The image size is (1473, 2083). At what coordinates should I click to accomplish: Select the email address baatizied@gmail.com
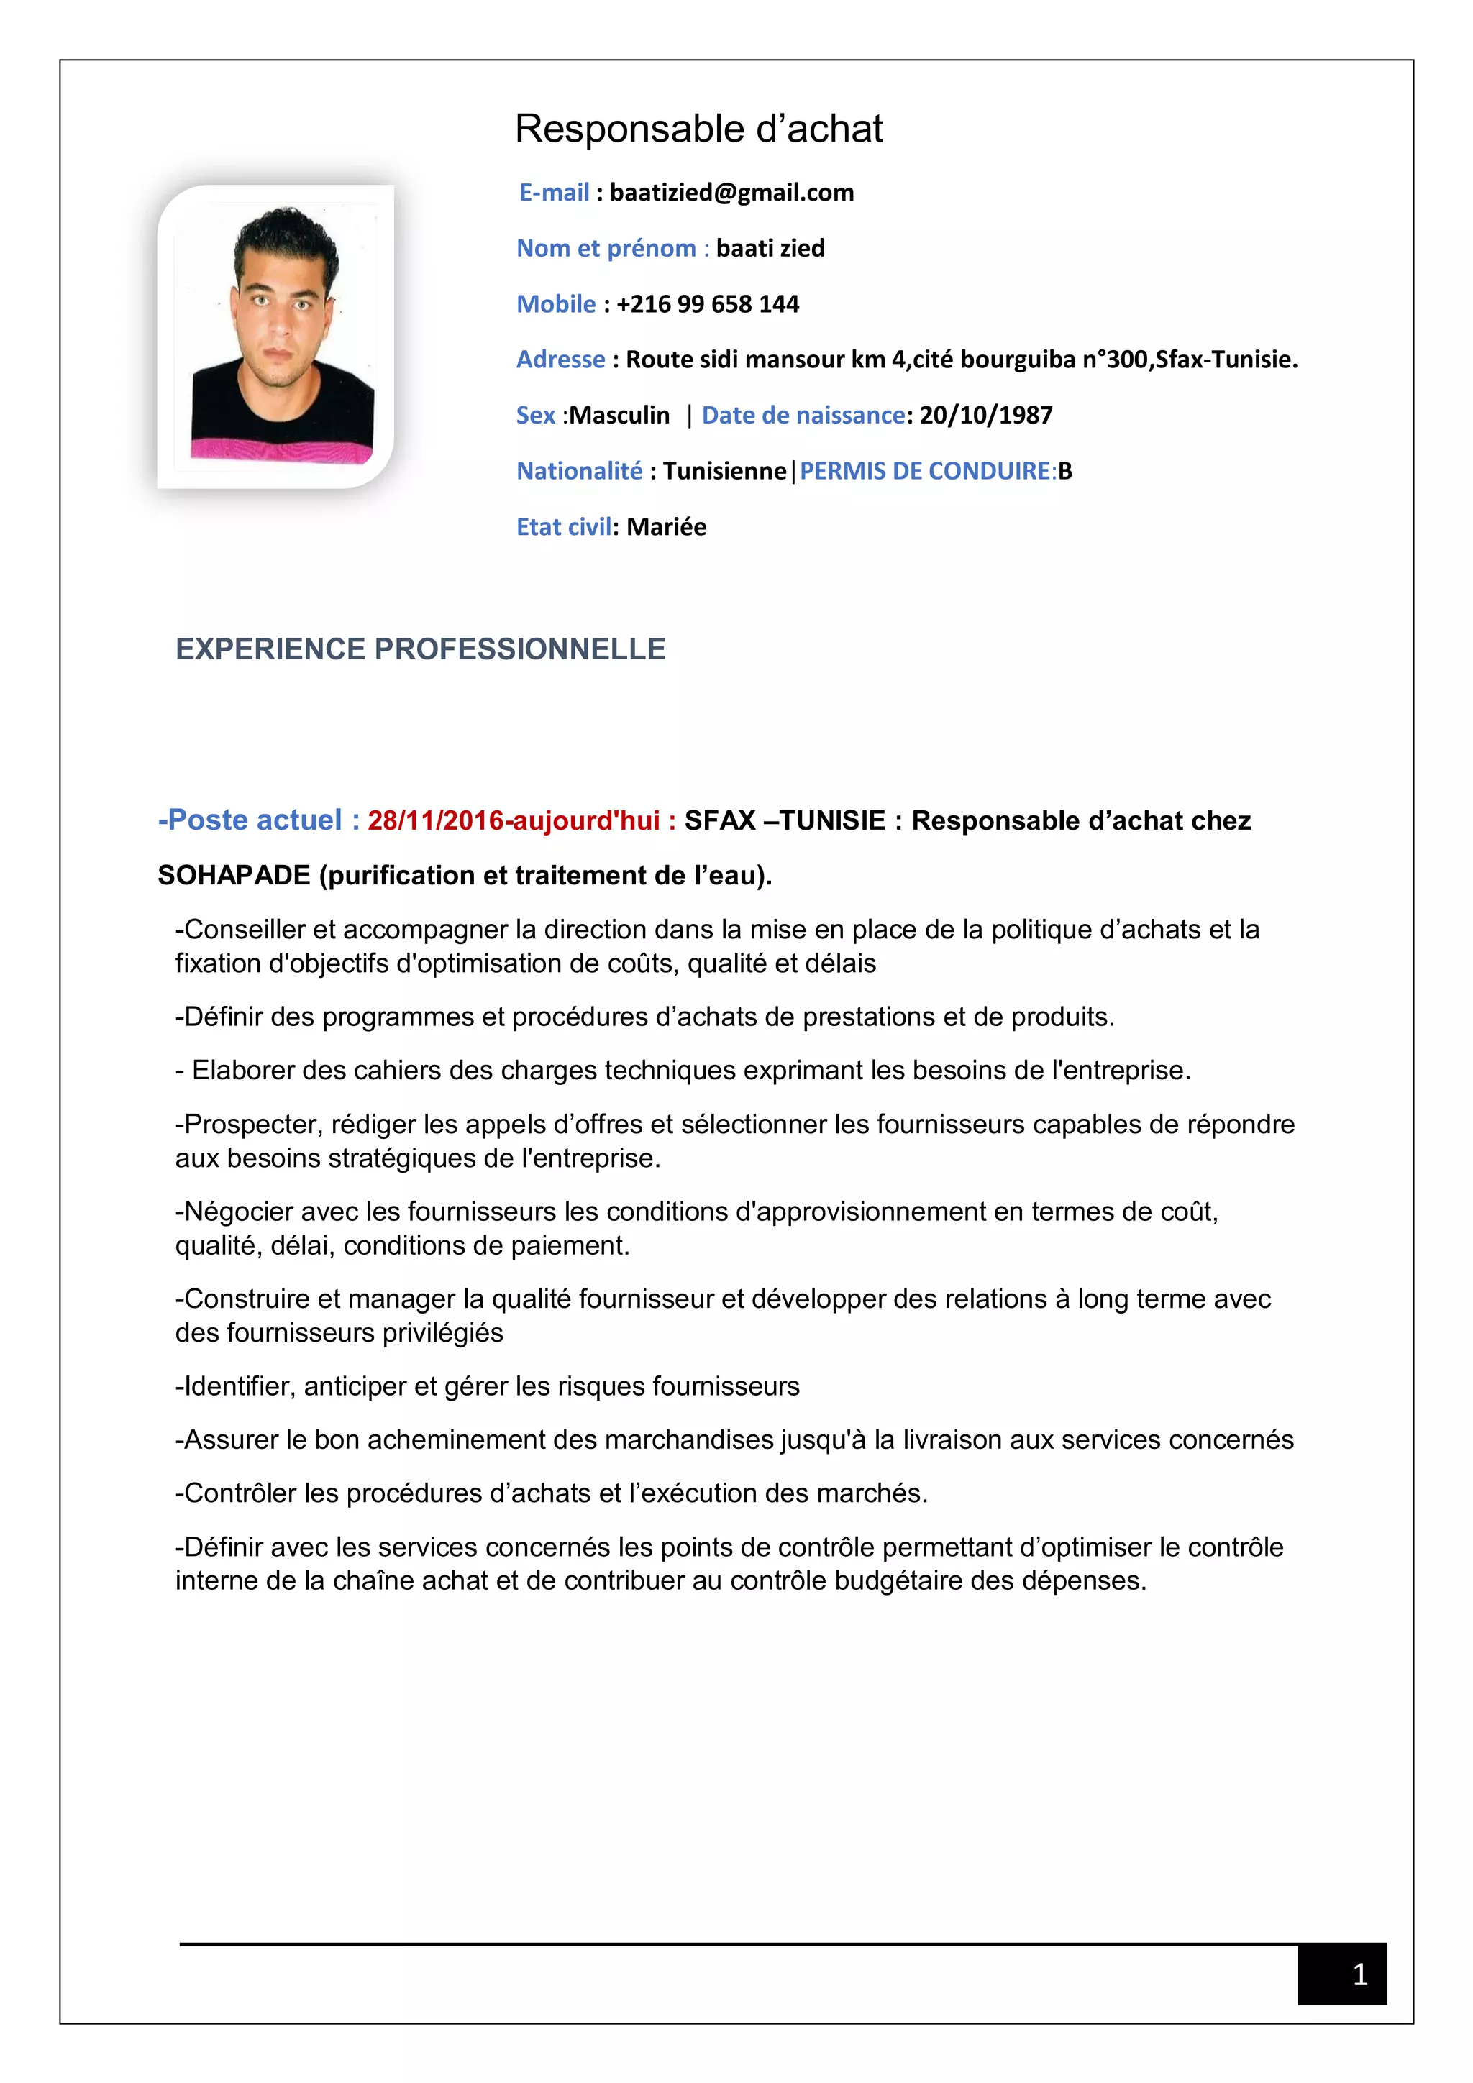click(731, 192)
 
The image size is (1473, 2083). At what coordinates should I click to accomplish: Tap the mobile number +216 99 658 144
click(707, 304)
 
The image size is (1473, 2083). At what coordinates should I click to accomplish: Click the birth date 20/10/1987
click(985, 416)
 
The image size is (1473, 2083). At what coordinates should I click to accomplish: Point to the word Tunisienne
click(724, 471)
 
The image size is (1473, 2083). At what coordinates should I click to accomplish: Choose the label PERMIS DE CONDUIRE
click(925, 471)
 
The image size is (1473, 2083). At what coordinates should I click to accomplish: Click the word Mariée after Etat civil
click(666, 527)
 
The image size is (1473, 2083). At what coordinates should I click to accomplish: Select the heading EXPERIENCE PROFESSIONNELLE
click(420, 649)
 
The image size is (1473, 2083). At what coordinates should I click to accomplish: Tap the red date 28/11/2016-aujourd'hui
click(513, 821)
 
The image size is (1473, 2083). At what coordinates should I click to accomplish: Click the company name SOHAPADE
click(233, 876)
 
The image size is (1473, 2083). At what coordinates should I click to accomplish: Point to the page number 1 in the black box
click(1359, 1974)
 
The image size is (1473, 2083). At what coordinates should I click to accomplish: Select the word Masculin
click(619, 416)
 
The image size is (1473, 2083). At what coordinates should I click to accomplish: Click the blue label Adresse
click(560, 360)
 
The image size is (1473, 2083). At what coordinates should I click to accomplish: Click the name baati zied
click(770, 249)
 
